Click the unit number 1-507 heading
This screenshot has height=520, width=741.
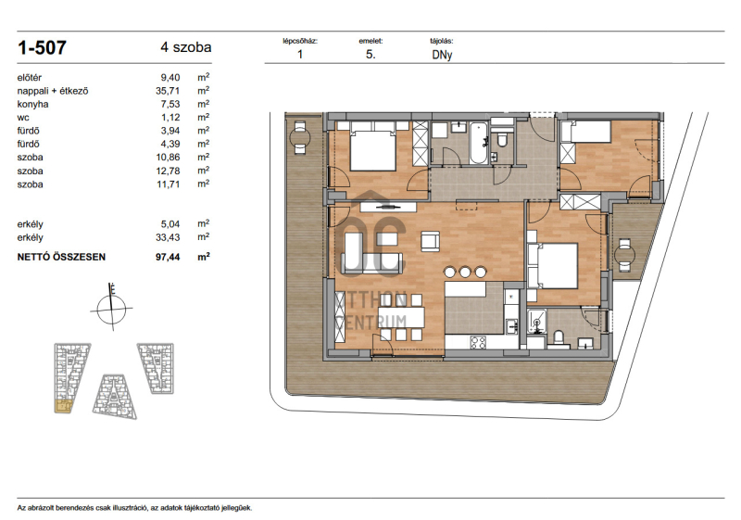tap(42, 48)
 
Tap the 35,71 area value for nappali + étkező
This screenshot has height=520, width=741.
tap(168, 91)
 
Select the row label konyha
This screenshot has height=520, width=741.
tap(32, 104)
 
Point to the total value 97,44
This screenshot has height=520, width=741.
tap(168, 257)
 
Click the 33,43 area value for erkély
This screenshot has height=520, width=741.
tap(168, 237)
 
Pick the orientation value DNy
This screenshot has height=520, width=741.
tap(442, 55)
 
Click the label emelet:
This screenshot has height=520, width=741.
tap(370, 41)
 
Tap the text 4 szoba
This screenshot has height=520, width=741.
tap(186, 47)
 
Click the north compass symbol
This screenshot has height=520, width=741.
tap(111, 308)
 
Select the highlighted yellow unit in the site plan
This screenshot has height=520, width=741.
tap(63, 406)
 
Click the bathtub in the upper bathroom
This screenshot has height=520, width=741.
tap(478, 143)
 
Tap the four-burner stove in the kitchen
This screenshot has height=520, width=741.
tap(478, 342)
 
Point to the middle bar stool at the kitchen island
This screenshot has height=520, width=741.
tap(465, 272)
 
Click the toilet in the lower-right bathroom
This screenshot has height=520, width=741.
tap(559, 338)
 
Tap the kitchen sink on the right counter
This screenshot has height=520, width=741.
tap(511, 325)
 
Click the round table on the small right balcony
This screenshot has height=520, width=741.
tap(624, 256)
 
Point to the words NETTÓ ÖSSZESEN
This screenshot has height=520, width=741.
tap(61, 257)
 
